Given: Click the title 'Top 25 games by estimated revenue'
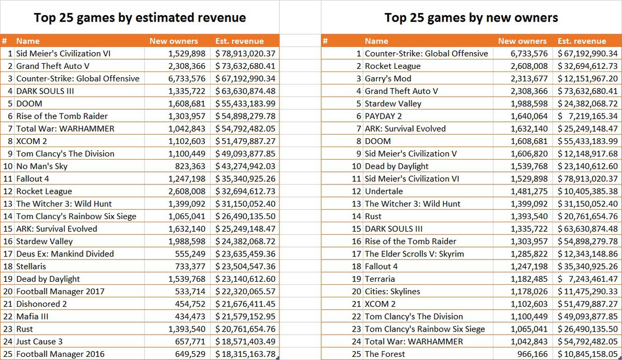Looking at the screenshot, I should (x=140, y=18).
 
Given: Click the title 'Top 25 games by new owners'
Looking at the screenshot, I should (x=471, y=18).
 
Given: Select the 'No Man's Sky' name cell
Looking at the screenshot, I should (x=42, y=166).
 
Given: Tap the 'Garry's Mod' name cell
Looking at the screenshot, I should (x=388, y=79).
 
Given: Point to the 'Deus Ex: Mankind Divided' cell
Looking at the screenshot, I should (x=65, y=254).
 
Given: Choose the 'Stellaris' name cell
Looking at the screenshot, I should (x=31, y=266).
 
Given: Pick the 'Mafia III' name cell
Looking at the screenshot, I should (x=33, y=316).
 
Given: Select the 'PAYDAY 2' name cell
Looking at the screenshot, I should (x=383, y=116).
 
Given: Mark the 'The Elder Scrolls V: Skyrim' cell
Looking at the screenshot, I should (x=414, y=254).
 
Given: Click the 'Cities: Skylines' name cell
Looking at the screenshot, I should (x=392, y=292).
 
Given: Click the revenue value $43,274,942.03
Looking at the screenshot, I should (x=245, y=166).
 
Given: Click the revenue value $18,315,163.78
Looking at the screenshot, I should (x=245, y=354).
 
